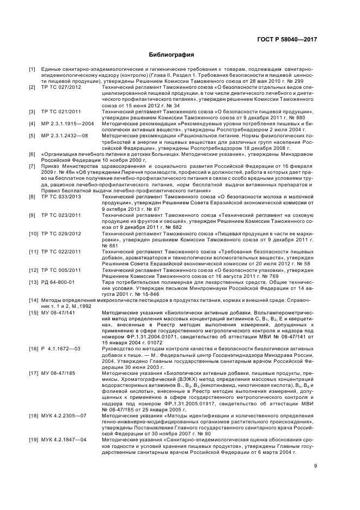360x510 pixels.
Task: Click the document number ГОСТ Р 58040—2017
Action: [x=289, y=40]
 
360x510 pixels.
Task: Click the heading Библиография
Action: [x=172, y=56]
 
